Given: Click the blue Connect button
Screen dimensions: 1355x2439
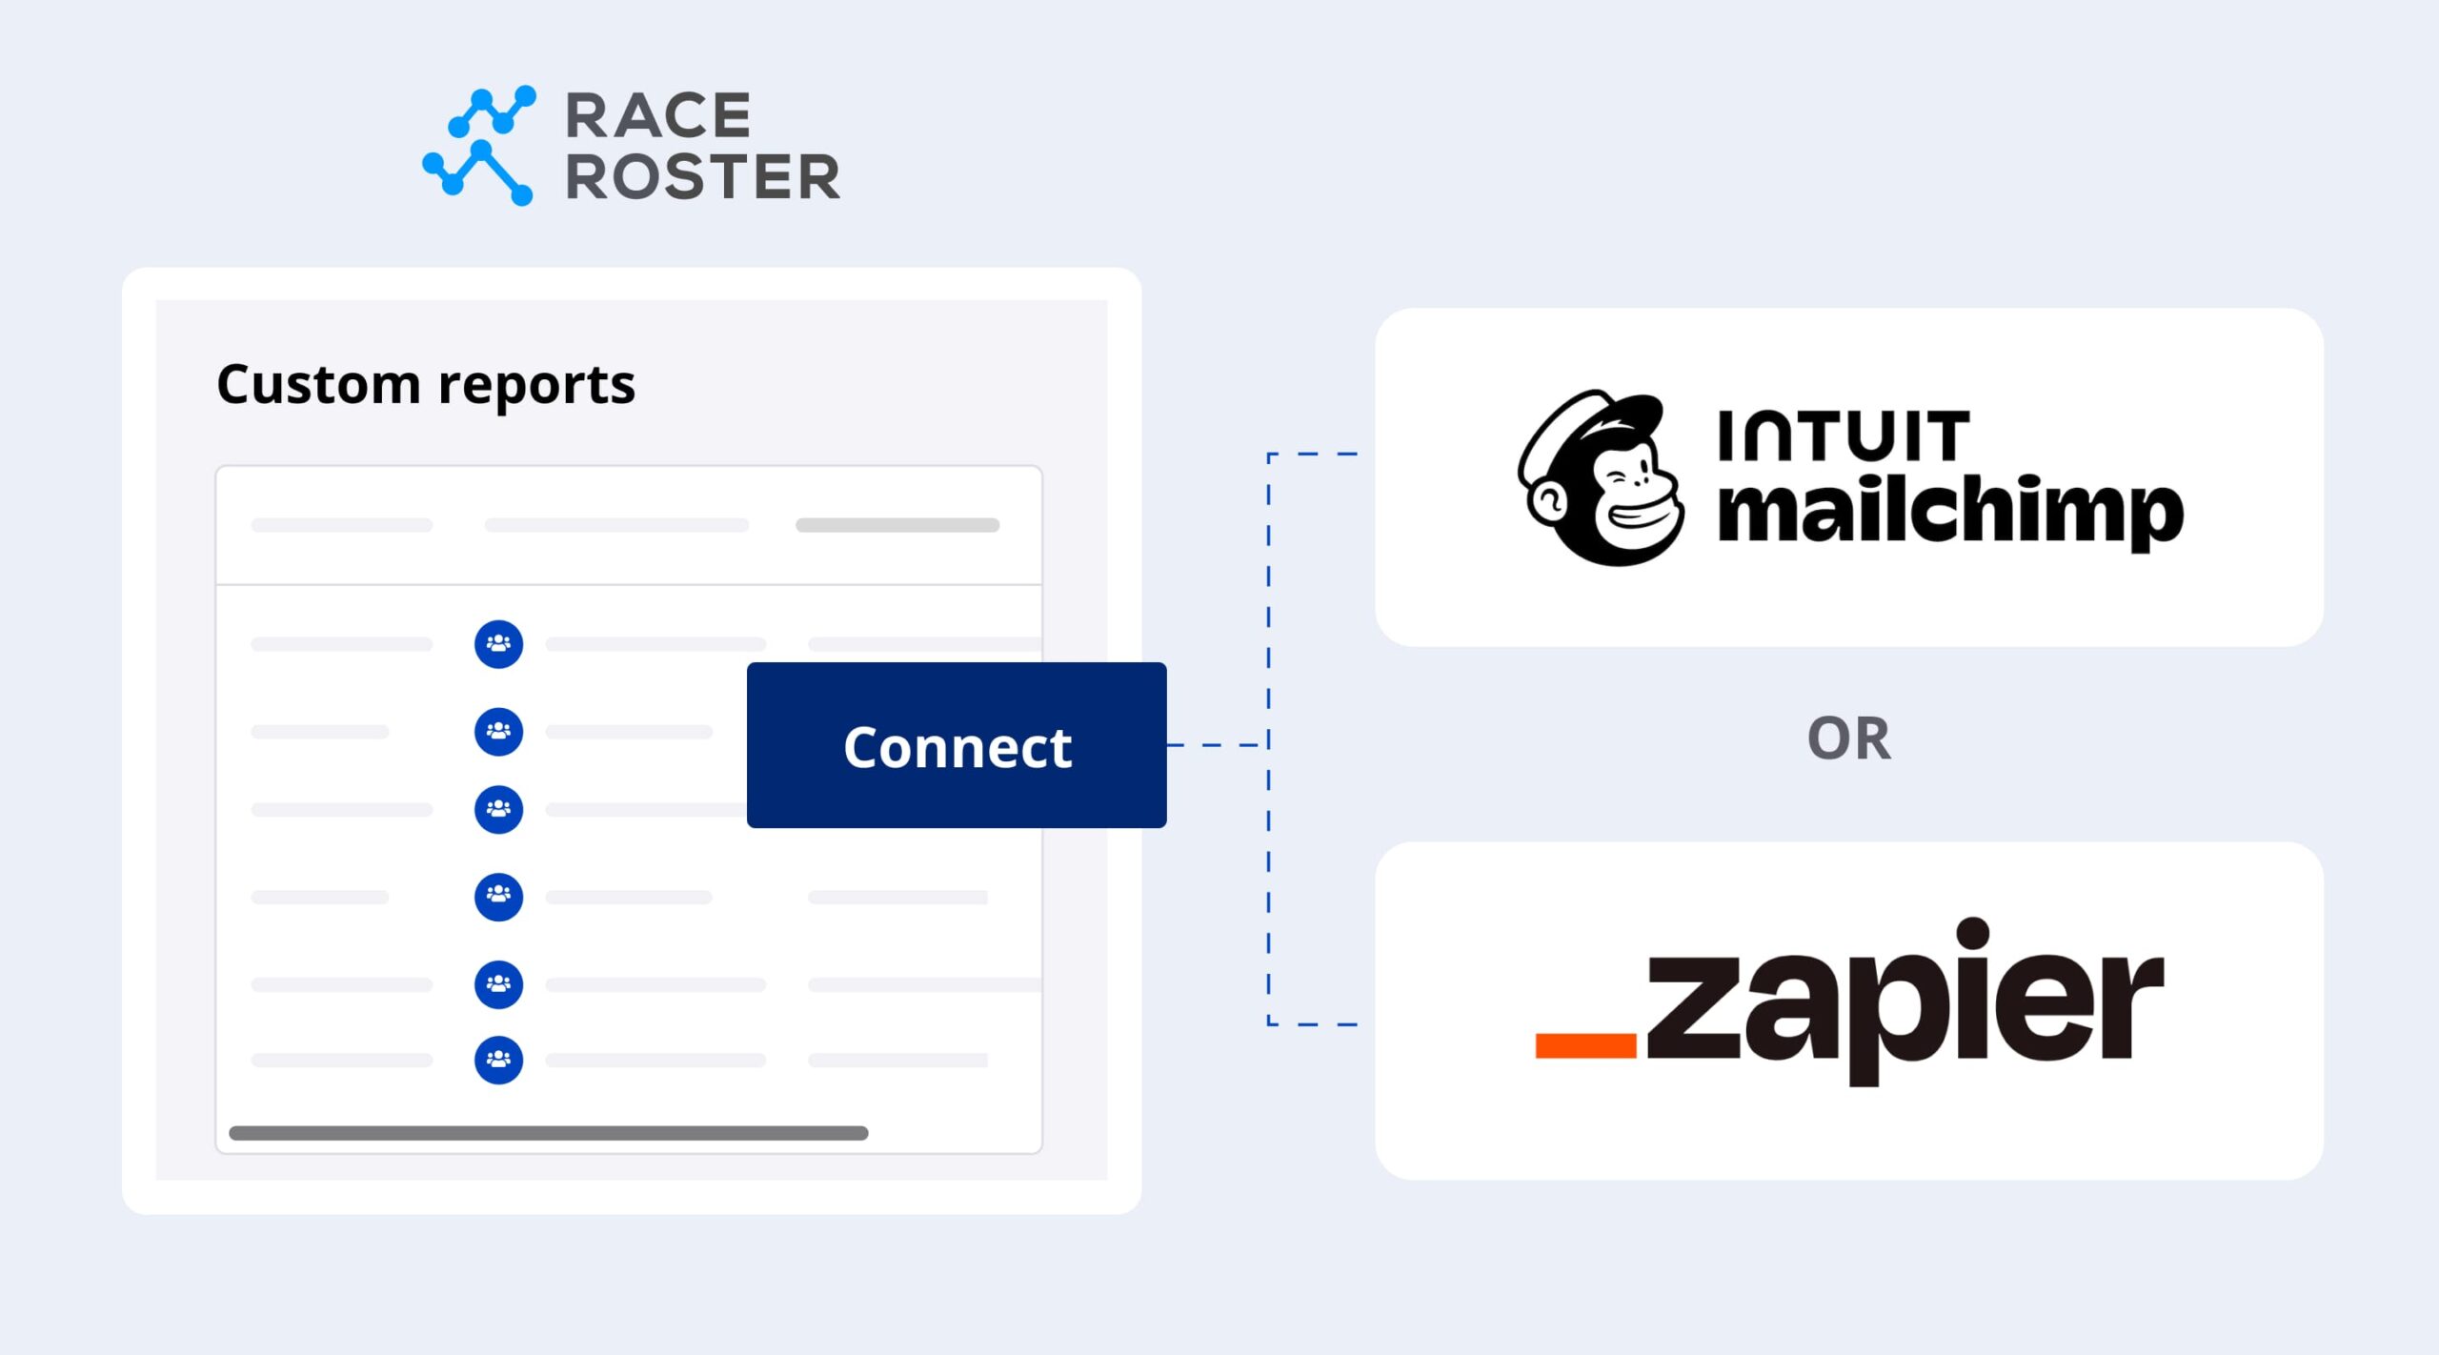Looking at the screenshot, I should pyautogui.click(x=956, y=745).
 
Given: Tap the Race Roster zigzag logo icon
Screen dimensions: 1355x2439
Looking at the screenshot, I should pyautogui.click(x=479, y=145).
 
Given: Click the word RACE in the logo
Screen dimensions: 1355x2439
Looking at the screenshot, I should pyautogui.click(x=658, y=116).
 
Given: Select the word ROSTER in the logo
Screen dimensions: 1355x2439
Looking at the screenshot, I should pyautogui.click(x=702, y=177).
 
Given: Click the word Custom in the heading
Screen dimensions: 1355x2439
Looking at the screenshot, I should pyautogui.click(x=318, y=384).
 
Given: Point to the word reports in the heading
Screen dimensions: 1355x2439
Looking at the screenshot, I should pyautogui.click(x=536, y=386).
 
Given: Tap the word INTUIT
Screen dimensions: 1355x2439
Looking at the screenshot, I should pyautogui.click(x=1843, y=435).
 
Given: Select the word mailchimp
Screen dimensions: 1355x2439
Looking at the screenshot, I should pyautogui.click(x=1949, y=512).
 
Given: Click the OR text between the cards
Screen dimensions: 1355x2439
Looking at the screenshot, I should pyautogui.click(x=1848, y=738).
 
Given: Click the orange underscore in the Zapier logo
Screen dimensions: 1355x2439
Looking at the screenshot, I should pyautogui.click(x=1585, y=1044).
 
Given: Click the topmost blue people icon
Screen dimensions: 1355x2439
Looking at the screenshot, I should pyautogui.click(x=498, y=644).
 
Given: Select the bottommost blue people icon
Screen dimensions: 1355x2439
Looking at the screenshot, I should pyautogui.click(x=498, y=1060).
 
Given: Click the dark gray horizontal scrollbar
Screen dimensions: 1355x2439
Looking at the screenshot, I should pyautogui.click(x=548, y=1133).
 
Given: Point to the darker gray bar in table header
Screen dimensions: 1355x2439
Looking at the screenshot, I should pyautogui.click(x=897, y=525).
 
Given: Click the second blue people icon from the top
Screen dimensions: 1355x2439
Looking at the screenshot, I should pyautogui.click(x=498, y=731).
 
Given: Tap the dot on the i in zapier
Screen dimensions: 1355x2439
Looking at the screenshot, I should pyautogui.click(x=1974, y=933).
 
